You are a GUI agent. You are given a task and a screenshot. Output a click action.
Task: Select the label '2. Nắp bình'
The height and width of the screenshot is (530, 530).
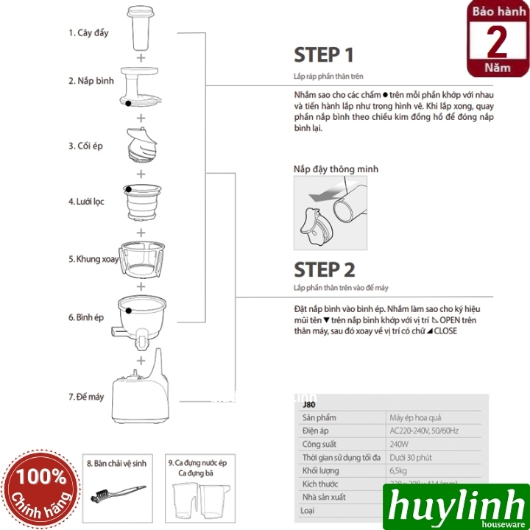[x=91, y=81]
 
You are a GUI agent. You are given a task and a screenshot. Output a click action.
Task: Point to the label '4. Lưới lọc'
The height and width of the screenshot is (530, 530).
[x=86, y=201]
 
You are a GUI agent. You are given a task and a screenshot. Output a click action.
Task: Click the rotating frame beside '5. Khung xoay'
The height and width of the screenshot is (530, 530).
[x=141, y=258]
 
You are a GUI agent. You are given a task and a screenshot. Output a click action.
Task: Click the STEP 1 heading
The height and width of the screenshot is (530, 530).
[x=324, y=55]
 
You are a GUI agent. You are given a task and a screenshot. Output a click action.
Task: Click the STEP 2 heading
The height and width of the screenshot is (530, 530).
[x=325, y=269]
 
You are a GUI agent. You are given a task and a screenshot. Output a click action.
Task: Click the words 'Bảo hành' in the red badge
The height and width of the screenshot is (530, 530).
[x=498, y=15]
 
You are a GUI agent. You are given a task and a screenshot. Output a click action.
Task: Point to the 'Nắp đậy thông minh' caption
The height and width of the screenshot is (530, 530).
[x=335, y=169]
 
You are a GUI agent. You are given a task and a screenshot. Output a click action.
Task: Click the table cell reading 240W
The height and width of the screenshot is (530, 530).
[x=400, y=445]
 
